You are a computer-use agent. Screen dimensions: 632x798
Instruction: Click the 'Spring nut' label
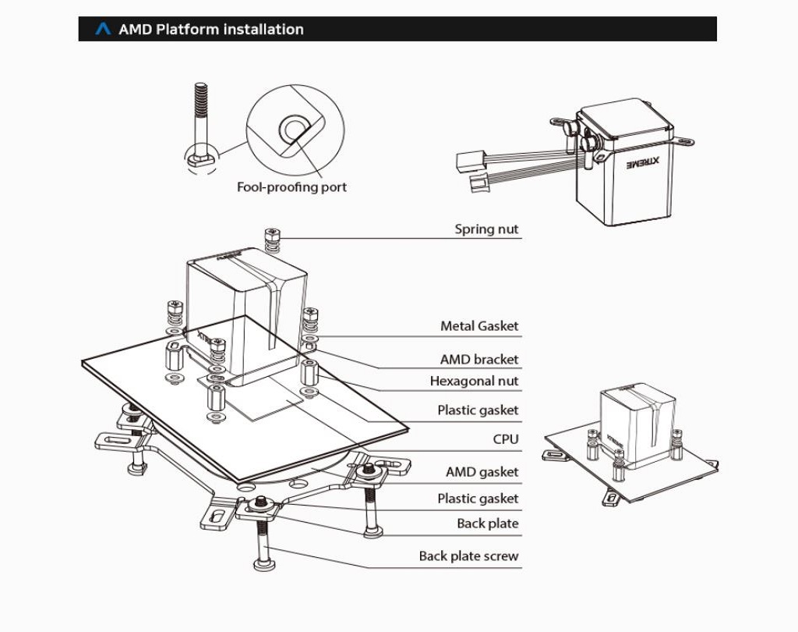[x=486, y=229]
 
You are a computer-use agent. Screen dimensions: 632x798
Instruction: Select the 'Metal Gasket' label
[x=478, y=326]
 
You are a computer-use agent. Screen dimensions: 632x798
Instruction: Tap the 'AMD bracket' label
[x=478, y=360]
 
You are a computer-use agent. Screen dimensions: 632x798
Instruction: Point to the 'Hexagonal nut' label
[x=474, y=381]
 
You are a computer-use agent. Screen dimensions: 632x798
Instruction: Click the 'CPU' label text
[x=505, y=439]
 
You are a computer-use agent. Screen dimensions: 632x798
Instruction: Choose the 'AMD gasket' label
[x=482, y=472]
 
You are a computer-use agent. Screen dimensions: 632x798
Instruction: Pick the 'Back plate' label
[x=487, y=524]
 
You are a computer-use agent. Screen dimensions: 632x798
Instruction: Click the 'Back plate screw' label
[x=468, y=556]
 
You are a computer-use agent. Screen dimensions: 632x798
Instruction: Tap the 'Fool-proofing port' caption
[x=291, y=187]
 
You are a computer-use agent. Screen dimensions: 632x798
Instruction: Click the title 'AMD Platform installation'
[x=210, y=30]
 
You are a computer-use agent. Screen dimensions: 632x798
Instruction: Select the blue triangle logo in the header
[x=103, y=30]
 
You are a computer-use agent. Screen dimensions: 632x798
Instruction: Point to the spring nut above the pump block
[x=271, y=240]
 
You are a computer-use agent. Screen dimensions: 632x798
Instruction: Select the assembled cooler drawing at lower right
[x=631, y=445]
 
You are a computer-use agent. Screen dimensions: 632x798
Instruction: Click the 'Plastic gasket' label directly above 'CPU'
[x=477, y=410]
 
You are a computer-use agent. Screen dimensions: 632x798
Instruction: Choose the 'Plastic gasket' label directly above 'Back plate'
[x=477, y=499]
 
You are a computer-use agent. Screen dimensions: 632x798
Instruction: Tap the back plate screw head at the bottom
[x=263, y=564]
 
